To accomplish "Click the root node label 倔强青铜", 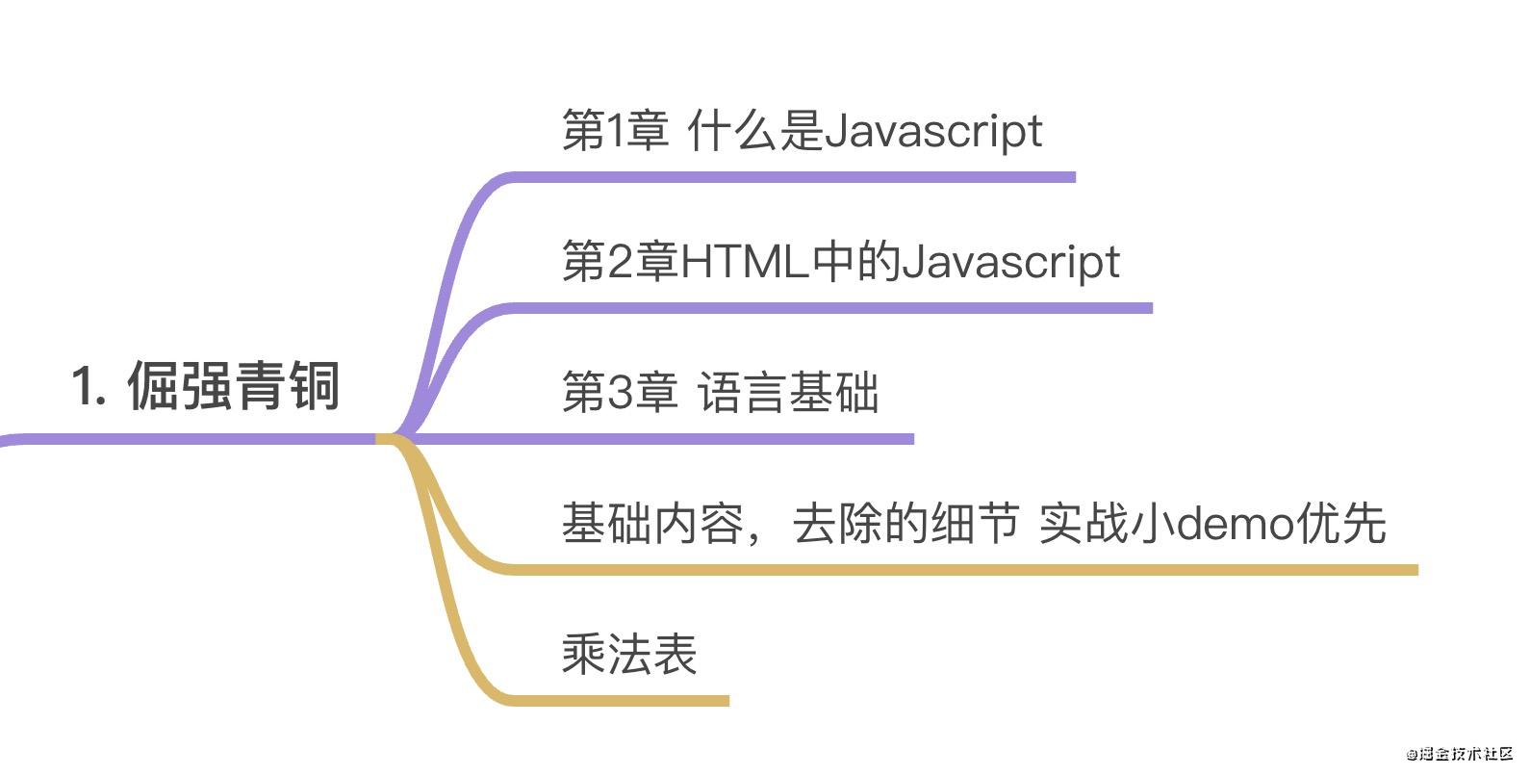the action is pyautogui.click(x=234, y=386).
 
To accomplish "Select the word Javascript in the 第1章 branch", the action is pyautogui.click(x=933, y=132).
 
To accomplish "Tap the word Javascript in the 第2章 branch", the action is pyautogui.click(x=1010, y=263).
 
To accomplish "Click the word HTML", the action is pyautogui.click(x=744, y=262).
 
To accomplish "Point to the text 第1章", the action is pyautogui.click(x=615, y=131).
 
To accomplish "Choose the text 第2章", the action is pyautogui.click(x=620, y=262).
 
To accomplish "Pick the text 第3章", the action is pyautogui.click(x=620, y=393).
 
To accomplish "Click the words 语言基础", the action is pyautogui.click(x=787, y=393).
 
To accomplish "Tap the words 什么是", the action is pyautogui.click(x=755, y=131).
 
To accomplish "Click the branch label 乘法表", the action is pyautogui.click(x=629, y=655).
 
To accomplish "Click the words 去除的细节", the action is pyautogui.click(x=905, y=524).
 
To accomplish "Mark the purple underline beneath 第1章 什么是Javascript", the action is pyautogui.click(x=789, y=177).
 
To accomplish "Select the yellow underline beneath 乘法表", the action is pyautogui.click(x=616, y=701).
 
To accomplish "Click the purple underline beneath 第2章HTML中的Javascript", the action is pyautogui.click(x=828, y=308).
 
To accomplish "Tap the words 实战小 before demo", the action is pyautogui.click(x=1108, y=524).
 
